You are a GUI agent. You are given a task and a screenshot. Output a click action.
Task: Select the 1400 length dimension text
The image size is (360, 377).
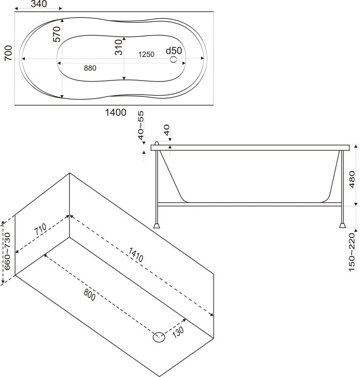point(116,112)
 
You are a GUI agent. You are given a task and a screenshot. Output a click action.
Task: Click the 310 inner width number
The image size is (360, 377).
point(119,48)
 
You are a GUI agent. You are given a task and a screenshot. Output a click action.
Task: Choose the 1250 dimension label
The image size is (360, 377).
point(146,54)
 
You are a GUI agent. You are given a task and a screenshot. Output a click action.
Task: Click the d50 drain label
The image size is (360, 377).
point(174,50)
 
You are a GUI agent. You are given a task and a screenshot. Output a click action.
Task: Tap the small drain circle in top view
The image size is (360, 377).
point(174,59)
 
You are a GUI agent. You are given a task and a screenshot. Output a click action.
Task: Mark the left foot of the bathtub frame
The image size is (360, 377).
point(157,225)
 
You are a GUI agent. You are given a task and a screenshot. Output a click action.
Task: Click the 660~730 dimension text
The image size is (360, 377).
point(7,251)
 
